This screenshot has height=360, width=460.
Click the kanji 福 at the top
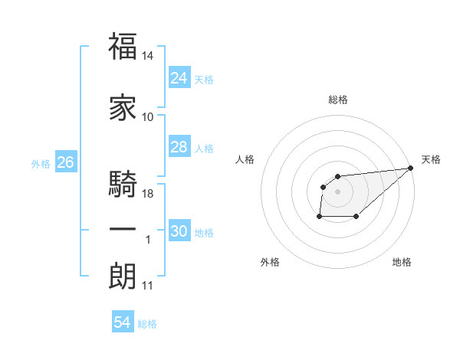click(x=123, y=47)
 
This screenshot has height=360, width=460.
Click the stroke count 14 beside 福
click(x=148, y=57)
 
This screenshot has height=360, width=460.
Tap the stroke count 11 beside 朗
click(x=147, y=286)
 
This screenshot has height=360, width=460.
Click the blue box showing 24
click(x=179, y=77)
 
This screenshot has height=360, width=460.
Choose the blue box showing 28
click(x=179, y=147)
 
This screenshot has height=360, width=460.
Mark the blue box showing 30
click(x=179, y=231)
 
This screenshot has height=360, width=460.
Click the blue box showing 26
click(x=65, y=162)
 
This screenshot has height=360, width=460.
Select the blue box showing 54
click(x=122, y=322)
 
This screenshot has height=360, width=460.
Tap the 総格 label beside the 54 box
click(x=147, y=324)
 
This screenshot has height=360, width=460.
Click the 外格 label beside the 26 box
click(x=41, y=164)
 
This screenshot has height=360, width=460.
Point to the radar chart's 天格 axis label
click(x=431, y=159)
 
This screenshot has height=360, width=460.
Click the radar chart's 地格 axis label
click(x=402, y=263)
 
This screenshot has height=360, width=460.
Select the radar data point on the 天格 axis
click(x=410, y=168)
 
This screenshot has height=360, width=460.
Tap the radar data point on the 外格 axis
click(x=319, y=217)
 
